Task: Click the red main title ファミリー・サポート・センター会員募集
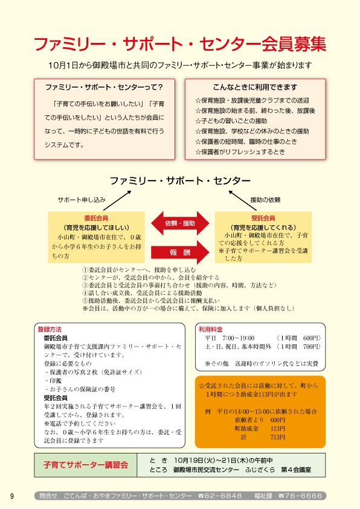point(180,44)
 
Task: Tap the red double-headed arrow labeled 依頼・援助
point(180,223)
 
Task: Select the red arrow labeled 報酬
point(180,252)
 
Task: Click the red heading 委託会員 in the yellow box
point(96,218)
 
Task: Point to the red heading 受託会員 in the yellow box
point(263,218)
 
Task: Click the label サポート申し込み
point(82,200)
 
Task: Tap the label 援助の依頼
point(265,200)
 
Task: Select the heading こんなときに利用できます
point(255,87)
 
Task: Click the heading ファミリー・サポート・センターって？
point(104,87)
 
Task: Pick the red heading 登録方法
point(50,330)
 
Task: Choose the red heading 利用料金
point(211,330)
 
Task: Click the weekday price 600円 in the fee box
point(312,338)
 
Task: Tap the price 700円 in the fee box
point(312,347)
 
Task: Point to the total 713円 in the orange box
point(278,437)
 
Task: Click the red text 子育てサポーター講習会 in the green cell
point(86,465)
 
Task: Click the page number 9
point(12,496)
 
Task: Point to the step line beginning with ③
point(179,286)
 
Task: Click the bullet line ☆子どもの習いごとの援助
point(231,121)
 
